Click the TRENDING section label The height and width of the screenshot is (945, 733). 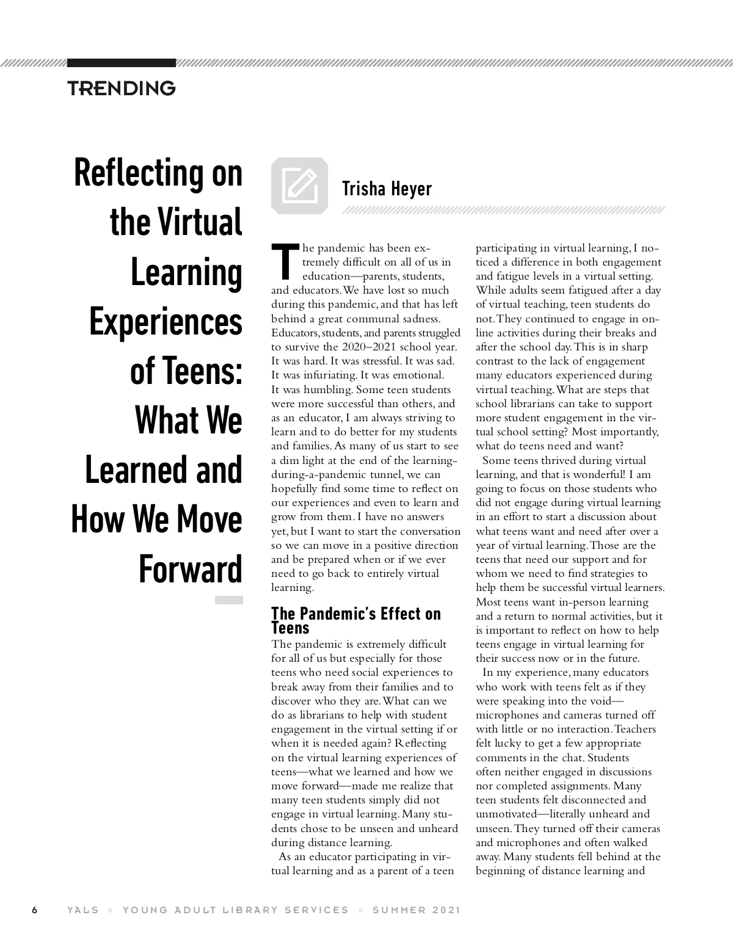pyautogui.click(x=122, y=89)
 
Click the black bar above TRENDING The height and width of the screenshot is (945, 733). pyautogui.click(x=122, y=63)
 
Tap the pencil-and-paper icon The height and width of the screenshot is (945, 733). pyautogui.click(x=299, y=186)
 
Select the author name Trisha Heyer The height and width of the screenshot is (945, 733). pyautogui.click(x=387, y=189)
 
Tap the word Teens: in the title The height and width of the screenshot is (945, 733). pyautogui.click(x=186, y=371)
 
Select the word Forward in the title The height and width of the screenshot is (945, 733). pyautogui.click(x=191, y=570)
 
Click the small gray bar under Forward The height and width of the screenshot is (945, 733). pyautogui.click(x=229, y=600)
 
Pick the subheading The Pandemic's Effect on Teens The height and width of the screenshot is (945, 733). pyautogui.click(x=356, y=620)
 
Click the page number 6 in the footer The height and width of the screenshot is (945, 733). pyautogui.click(x=35, y=910)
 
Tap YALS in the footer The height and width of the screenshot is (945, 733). pyautogui.click(x=83, y=910)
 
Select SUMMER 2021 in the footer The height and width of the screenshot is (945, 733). pyautogui.click(x=417, y=910)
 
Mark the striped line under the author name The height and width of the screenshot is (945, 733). pyautogui.click(x=503, y=211)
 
